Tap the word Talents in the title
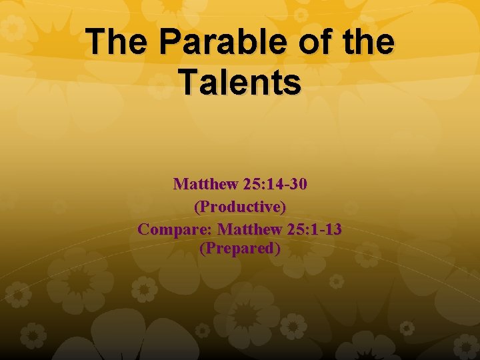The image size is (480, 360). [240, 82]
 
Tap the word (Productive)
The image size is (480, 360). [240, 207]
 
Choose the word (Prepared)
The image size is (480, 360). [240, 249]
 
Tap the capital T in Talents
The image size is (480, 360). [191, 82]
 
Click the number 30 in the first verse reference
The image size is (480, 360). [299, 184]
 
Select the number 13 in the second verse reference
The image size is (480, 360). [333, 229]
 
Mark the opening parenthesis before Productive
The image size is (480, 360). [197, 207]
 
